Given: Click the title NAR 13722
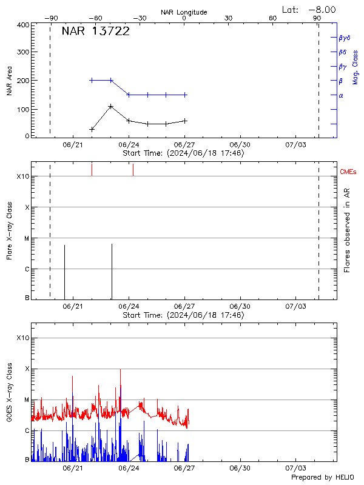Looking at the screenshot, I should [x=96, y=32].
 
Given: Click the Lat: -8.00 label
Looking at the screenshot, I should [x=310, y=9].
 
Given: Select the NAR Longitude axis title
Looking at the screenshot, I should [x=184, y=12].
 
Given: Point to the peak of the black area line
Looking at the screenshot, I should [x=111, y=107].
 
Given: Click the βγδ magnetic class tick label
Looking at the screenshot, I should [x=345, y=38].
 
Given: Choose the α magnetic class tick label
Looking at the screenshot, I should [x=341, y=95].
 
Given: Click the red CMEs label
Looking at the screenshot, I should [x=349, y=173].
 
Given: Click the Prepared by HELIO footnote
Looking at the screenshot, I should [x=322, y=477].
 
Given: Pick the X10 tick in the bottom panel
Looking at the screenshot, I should [x=22, y=338].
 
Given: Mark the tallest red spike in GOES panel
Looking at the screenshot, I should [x=120, y=370].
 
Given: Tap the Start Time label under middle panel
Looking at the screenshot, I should [x=183, y=315].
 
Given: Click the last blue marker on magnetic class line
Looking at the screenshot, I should [x=185, y=95].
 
